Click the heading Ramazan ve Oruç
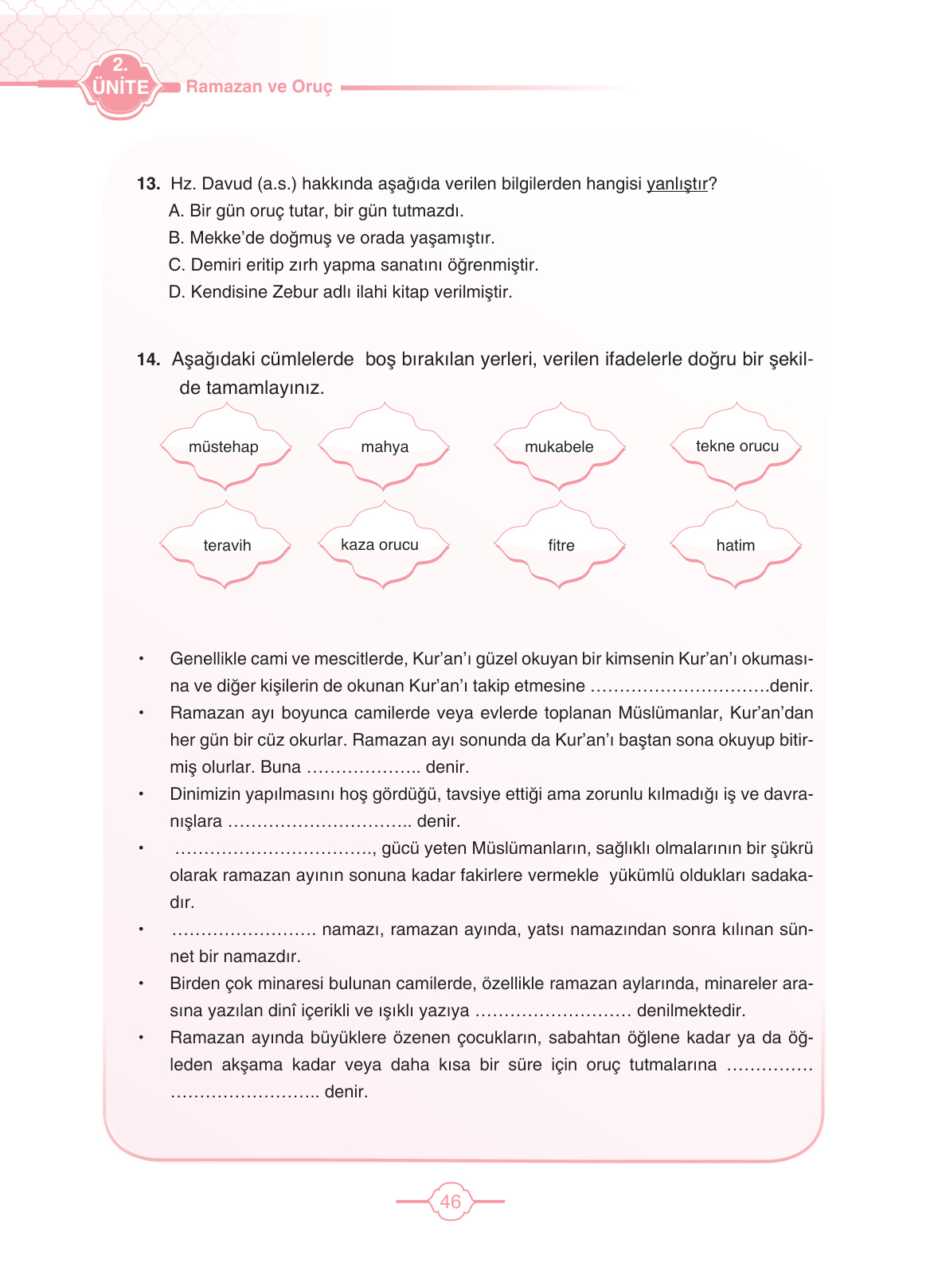(x=259, y=87)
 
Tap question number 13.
(x=148, y=184)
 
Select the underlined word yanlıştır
(x=677, y=184)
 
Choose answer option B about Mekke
(x=331, y=238)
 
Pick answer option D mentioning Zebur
(x=340, y=292)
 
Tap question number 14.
(x=148, y=360)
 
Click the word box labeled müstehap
(x=224, y=446)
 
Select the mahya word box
(x=385, y=446)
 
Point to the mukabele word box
(x=559, y=446)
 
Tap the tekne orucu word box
(x=737, y=446)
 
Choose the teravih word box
(x=227, y=545)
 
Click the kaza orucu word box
(x=380, y=544)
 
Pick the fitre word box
(x=561, y=545)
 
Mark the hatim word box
(x=735, y=545)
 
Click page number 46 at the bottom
(x=450, y=1202)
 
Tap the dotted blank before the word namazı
(x=244, y=930)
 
